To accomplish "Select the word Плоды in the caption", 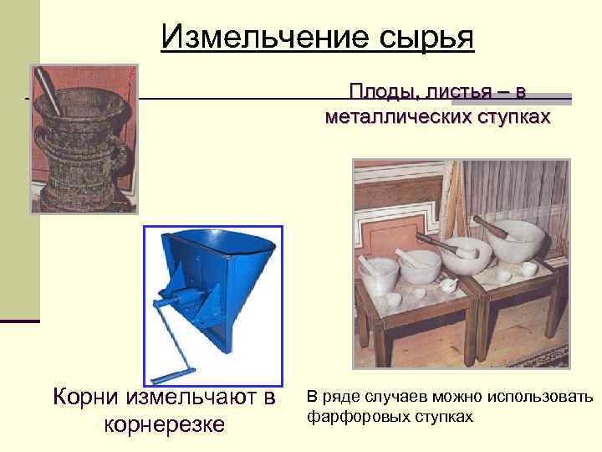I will [378, 90].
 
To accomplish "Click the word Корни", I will [87, 396].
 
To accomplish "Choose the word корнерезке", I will [163, 424].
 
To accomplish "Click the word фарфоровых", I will [352, 415].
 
